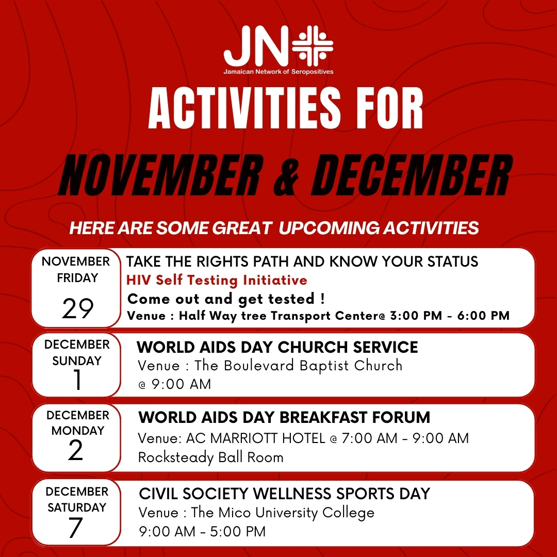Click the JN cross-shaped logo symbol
(313, 45)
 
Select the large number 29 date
(78, 308)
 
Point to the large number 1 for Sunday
(77, 381)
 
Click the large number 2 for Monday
(75, 451)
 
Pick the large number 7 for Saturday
(76, 527)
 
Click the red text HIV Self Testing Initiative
(217, 280)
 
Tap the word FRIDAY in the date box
(77, 278)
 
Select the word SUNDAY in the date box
(77, 361)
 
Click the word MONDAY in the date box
(77, 430)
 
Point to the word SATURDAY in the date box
(76, 507)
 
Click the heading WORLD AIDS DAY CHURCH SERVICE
(277, 348)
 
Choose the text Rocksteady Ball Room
(210, 457)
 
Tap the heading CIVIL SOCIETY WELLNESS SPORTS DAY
(284, 494)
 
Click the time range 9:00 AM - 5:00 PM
(202, 531)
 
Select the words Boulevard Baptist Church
(313, 366)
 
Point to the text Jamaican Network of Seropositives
(278, 72)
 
